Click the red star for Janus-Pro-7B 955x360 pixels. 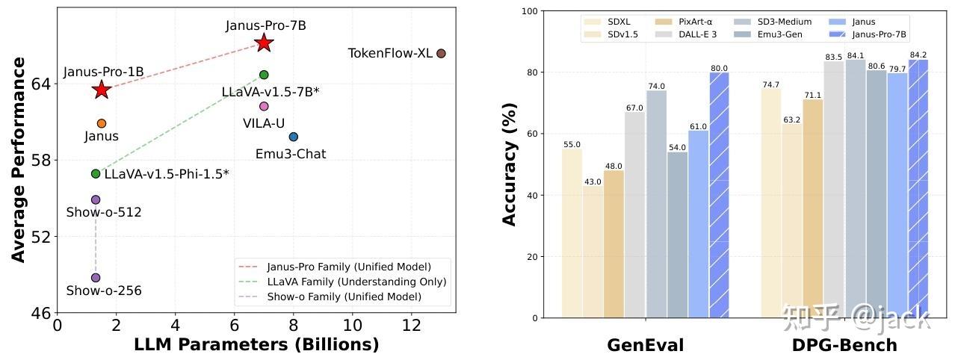(x=263, y=43)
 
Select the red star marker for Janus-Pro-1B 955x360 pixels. (x=102, y=90)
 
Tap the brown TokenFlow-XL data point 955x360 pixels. (x=441, y=53)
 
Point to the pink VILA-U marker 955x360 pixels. (x=264, y=106)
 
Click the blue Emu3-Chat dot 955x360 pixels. (x=294, y=137)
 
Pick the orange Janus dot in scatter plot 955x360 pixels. (x=102, y=123)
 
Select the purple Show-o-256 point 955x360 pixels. (x=96, y=278)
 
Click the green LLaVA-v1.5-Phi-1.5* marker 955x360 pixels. (x=96, y=173)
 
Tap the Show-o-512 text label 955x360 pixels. (x=104, y=213)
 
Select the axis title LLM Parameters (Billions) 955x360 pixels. (x=256, y=345)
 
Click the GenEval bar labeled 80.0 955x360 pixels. (x=719, y=194)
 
